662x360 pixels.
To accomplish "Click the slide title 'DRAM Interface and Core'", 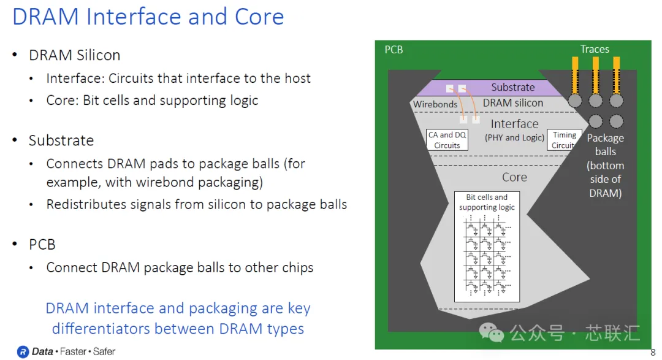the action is click(x=148, y=17).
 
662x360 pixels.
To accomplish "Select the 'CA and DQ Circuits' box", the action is click(x=447, y=140).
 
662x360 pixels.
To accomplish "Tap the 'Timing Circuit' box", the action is click(x=565, y=140).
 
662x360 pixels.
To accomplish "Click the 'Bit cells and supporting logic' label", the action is click(x=487, y=202).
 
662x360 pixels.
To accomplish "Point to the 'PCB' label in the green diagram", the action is click(x=394, y=50).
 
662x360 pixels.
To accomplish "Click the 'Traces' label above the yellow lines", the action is click(x=595, y=49).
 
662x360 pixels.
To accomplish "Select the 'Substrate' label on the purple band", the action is click(x=513, y=87).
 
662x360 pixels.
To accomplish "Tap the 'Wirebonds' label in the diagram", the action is click(x=435, y=104).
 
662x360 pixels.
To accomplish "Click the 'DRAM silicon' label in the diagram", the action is click(x=513, y=103).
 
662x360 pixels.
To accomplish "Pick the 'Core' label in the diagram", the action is click(x=514, y=177).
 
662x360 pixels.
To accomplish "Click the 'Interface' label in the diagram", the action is click(x=514, y=124).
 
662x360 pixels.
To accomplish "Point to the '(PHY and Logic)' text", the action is click(x=514, y=138).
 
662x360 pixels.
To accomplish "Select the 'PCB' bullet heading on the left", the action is click(x=42, y=245).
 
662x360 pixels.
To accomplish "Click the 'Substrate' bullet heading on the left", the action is click(x=61, y=140).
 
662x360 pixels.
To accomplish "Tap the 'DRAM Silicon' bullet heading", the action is click(x=75, y=55).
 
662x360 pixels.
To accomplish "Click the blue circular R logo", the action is click(x=23, y=351).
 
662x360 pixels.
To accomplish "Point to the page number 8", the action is click(x=653, y=352).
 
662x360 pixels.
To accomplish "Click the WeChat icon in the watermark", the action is click(x=492, y=332).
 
